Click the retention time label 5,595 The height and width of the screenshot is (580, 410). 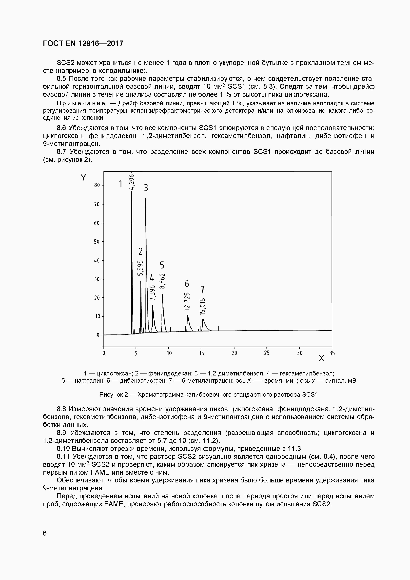tap(140, 268)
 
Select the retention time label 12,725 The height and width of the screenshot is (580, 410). tap(187, 301)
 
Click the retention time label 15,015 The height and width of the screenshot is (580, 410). tap(202, 307)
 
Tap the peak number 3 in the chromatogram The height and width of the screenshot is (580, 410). tap(146, 188)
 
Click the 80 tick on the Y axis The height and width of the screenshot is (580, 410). tap(97, 185)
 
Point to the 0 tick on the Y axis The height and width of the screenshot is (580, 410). tap(98, 335)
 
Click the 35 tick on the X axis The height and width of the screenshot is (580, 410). tap(332, 353)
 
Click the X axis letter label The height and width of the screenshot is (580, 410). tap(321, 358)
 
